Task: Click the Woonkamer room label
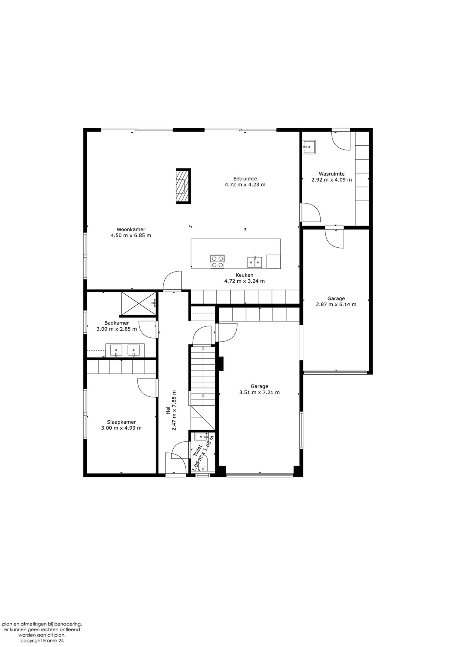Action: click(x=131, y=229)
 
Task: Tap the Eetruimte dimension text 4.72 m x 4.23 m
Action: click(x=245, y=185)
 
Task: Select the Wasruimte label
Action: click(x=332, y=174)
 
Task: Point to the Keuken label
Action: click(x=244, y=275)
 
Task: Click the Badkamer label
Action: click(x=117, y=323)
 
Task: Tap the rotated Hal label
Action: click(x=168, y=410)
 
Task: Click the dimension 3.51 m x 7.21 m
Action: click(x=259, y=392)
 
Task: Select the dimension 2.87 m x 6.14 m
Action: click(x=336, y=304)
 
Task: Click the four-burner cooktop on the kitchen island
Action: click(x=217, y=261)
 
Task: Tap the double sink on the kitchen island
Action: click(x=254, y=262)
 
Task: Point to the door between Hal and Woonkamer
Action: click(x=172, y=281)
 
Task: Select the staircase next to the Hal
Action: click(x=203, y=388)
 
